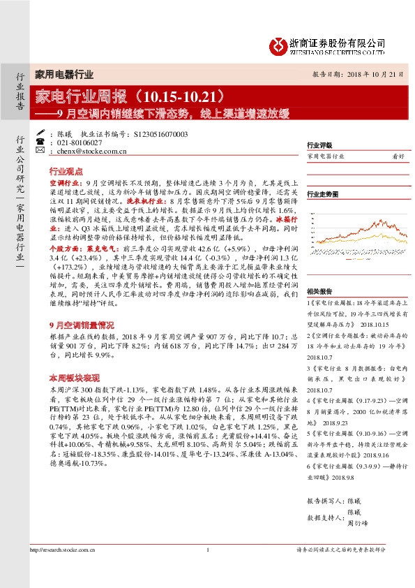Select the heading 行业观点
point(66,170)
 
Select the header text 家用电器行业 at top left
point(63,74)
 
